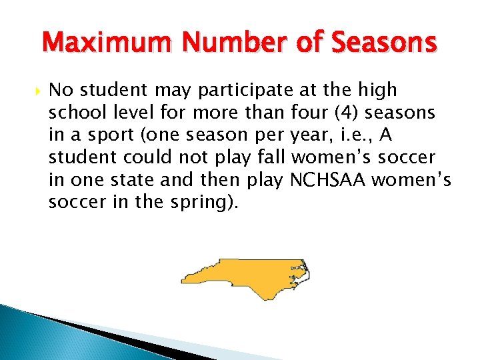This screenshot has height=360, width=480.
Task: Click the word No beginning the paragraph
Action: pyautogui.click(x=59, y=90)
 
